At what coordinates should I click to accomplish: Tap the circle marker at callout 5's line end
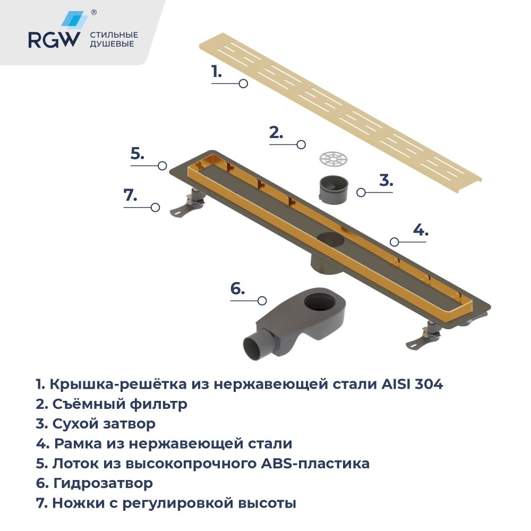point(162,166)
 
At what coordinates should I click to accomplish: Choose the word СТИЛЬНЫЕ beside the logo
point(114,35)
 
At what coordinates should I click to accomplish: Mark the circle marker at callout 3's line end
point(361,192)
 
